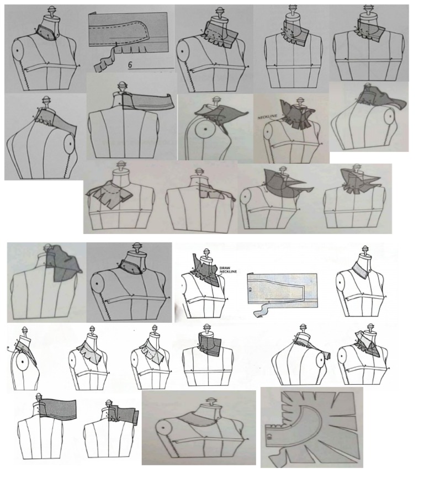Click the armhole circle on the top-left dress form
click(x=19, y=50)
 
